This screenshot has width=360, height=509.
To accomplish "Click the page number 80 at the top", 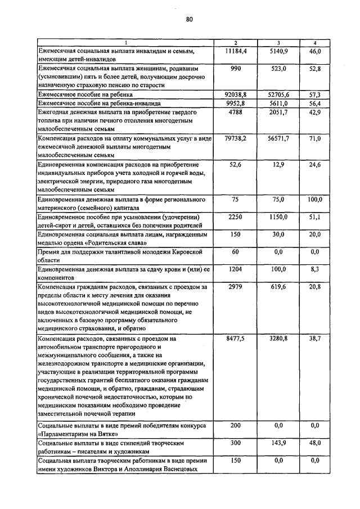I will click(189, 20).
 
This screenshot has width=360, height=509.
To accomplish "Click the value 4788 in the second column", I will click(235, 112).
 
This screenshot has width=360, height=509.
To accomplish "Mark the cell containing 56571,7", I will click(278, 138).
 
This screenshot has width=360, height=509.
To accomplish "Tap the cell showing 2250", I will click(235, 217).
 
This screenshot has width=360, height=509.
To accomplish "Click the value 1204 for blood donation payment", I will click(235, 269).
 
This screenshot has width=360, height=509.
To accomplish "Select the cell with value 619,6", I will click(278, 287).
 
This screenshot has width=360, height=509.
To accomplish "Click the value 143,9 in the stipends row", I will click(278, 443).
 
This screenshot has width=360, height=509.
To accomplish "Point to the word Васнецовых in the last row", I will click(179, 469).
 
